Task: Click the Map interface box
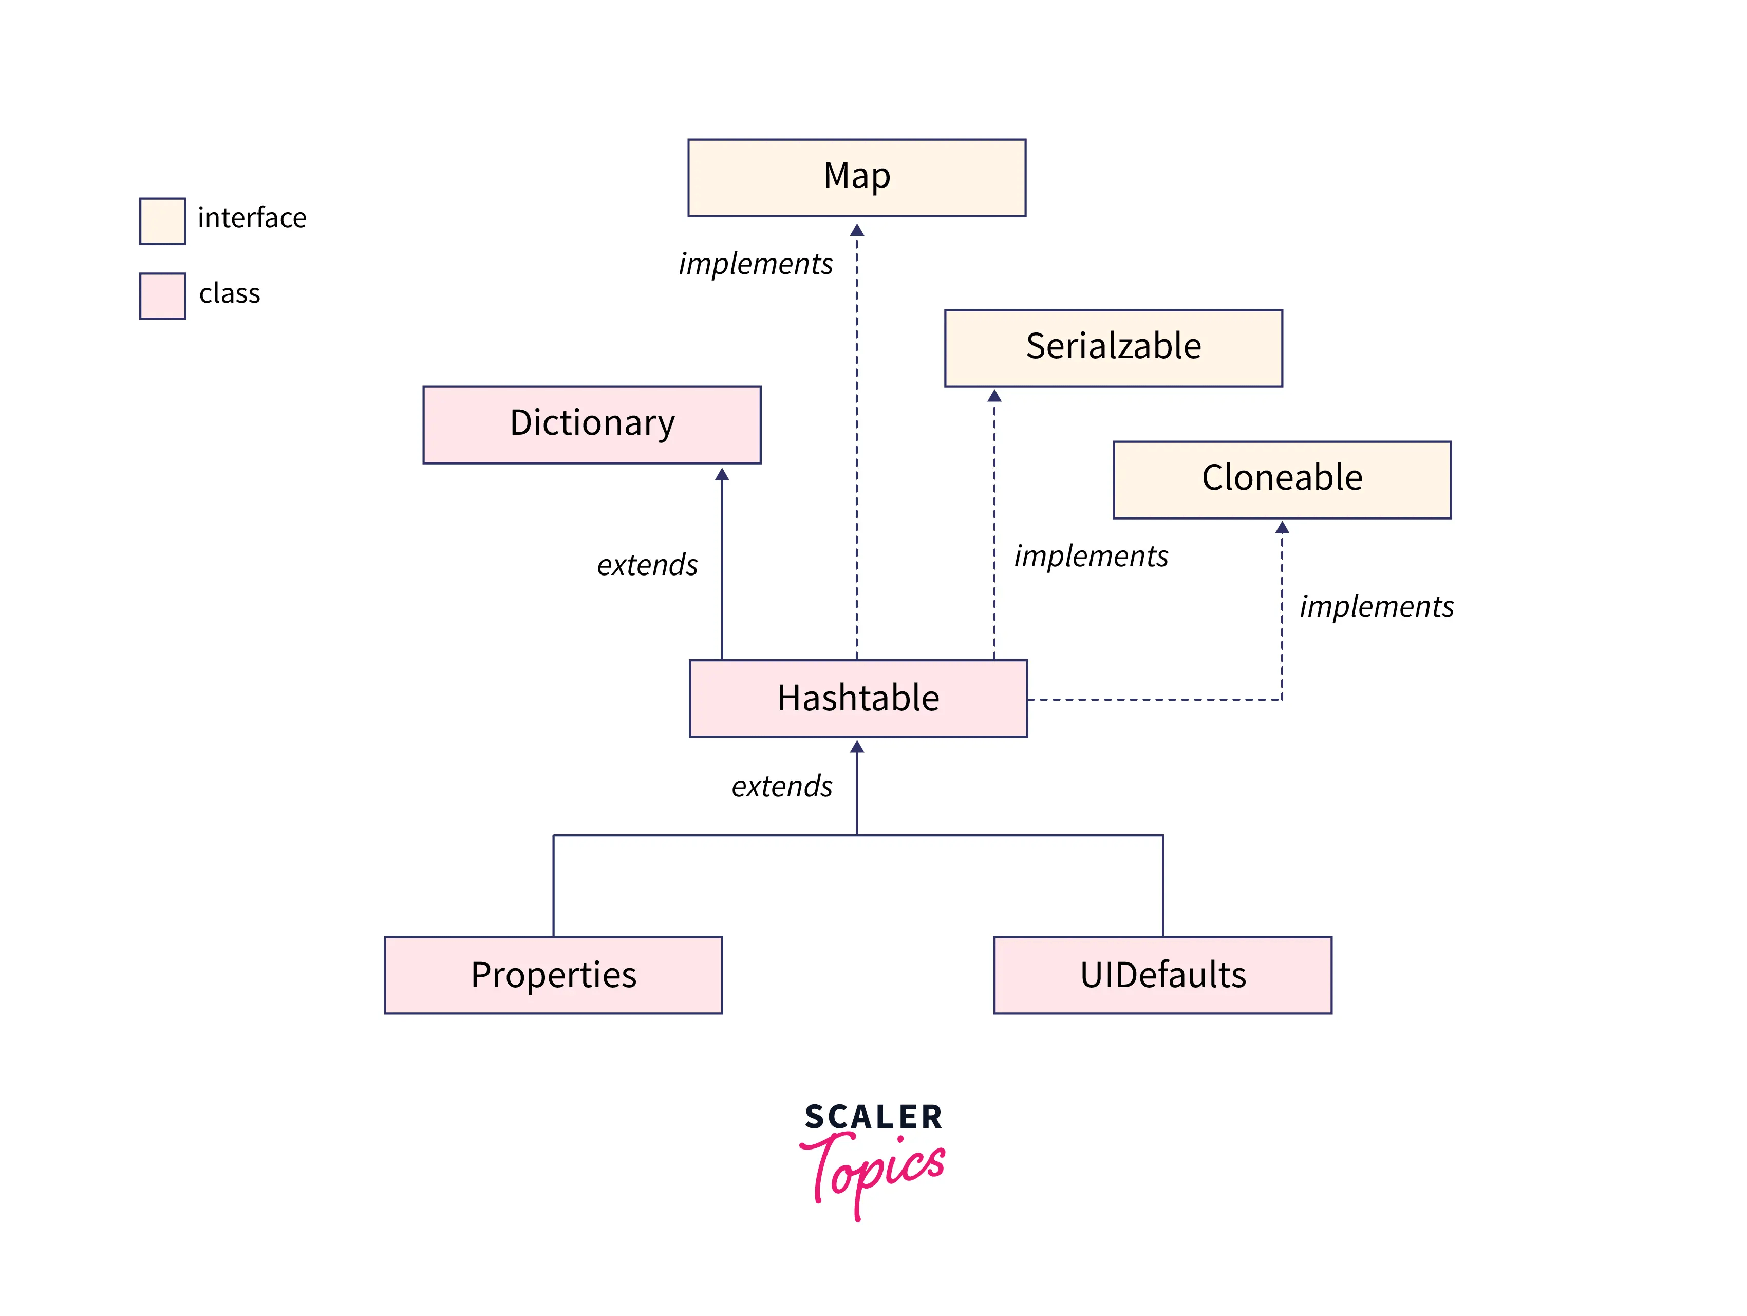click(x=856, y=178)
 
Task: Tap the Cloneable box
click(x=1281, y=479)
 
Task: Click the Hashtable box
click(x=858, y=698)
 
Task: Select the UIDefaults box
click(x=1162, y=975)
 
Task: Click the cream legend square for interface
click(x=163, y=221)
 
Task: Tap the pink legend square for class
click(x=163, y=296)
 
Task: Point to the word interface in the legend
click(x=252, y=218)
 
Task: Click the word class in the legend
click(x=229, y=294)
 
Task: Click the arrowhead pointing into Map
click(x=856, y=230)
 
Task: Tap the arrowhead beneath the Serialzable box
click(x=994, y=396)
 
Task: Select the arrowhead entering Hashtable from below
click(x=857, y=747)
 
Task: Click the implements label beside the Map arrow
click(x=756, y=264)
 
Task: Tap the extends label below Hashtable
click(x=781, y=787)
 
